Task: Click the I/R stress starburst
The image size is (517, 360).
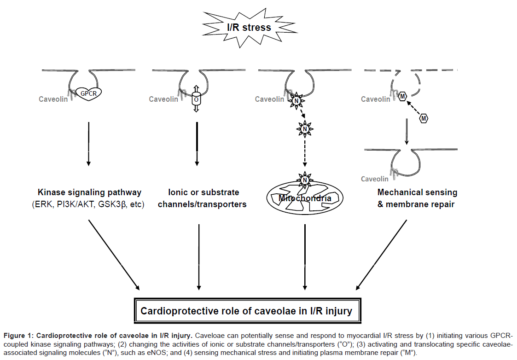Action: pyautogui.click(x=249, y=27)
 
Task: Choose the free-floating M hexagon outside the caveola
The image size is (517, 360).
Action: pyautogui.click(x=424, y=119)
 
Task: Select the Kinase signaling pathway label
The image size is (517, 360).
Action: pyautogui.click(x=89, y=192)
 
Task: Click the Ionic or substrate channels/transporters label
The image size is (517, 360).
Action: pyautogui.click(x=202, y=198)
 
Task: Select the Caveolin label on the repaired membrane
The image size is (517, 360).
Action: pyautogui.click(x=374, y=179)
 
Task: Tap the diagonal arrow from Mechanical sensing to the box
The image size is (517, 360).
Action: pyautogui.click(x=382, y=254)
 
